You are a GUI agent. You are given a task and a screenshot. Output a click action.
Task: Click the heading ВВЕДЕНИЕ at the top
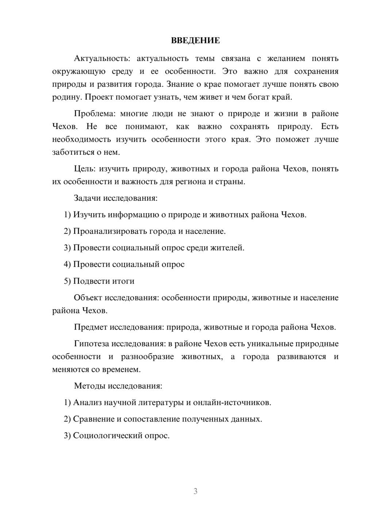pos(195,41)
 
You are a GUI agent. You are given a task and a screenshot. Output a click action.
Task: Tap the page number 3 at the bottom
pos(195,491)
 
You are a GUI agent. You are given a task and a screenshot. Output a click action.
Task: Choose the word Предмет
pos(91,327)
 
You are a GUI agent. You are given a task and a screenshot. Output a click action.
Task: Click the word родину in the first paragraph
pos(64,97)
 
